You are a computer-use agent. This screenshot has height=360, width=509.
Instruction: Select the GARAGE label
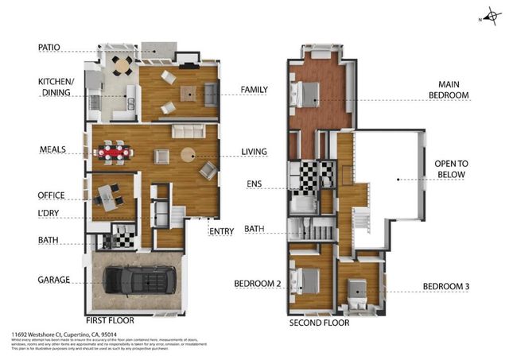point(54,280)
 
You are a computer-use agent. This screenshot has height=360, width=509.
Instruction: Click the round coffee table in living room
point(189,154)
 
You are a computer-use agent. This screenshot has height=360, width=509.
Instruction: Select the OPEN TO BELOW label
point(455,171)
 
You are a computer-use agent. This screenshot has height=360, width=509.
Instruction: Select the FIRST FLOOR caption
point(109,320)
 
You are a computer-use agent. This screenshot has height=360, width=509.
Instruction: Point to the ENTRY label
point(220,232)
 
